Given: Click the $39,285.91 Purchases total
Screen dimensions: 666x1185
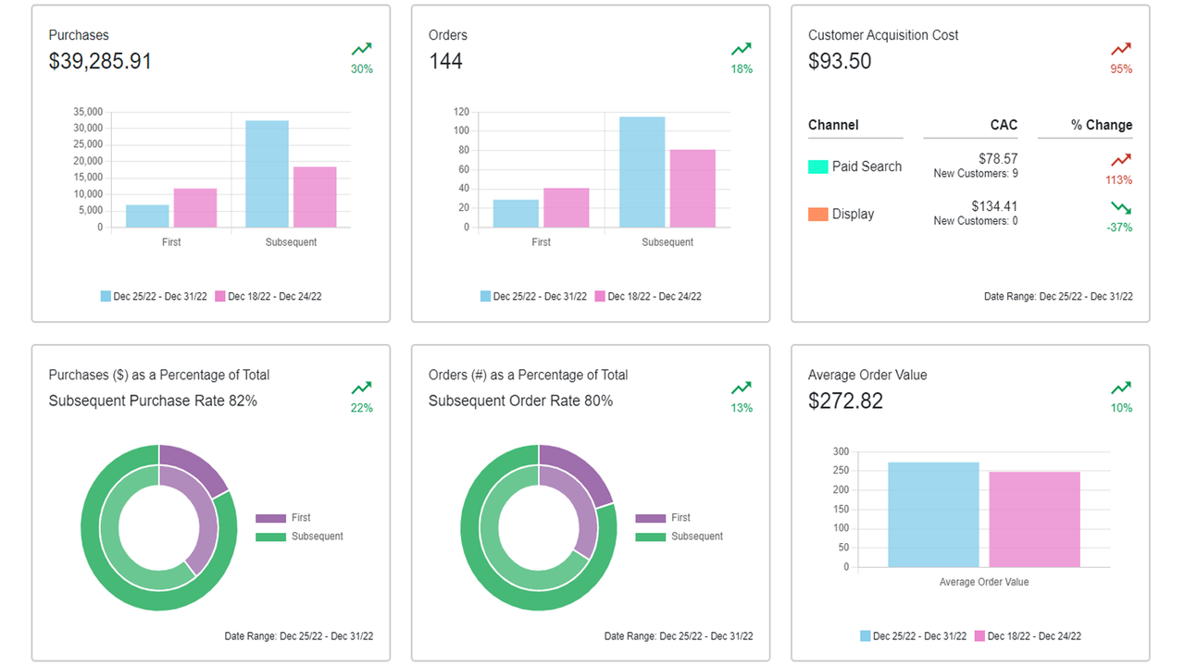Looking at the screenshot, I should (x=100, y=61).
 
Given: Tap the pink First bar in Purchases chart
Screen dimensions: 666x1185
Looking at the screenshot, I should (x=195, y=208).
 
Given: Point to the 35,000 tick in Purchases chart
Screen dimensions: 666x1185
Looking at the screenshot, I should (x=88, y=111).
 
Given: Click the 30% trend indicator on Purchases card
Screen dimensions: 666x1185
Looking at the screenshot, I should (x=362, y=68).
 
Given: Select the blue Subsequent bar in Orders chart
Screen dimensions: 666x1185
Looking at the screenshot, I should (x=642, y=172).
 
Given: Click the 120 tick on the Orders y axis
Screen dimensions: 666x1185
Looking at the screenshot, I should (x=462, y=111).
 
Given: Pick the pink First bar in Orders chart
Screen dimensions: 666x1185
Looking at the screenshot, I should (x=567, y=208).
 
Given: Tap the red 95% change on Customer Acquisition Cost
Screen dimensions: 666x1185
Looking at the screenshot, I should (x=1121, y=68).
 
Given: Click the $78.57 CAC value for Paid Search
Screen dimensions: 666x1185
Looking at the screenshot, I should (x=997, y=159).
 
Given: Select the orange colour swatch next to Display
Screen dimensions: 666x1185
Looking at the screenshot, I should (x=817, y=214).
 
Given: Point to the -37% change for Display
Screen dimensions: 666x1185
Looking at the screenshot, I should (x=1119, y=228).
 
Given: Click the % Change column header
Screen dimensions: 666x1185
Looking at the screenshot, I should (x=1101, y=125).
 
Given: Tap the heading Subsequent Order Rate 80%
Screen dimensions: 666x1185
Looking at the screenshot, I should (x=520, y=401).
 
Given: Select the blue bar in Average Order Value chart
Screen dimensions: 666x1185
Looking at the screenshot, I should (x=933, y=514).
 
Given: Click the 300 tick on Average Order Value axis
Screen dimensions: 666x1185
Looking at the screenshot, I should (x=841, y=451).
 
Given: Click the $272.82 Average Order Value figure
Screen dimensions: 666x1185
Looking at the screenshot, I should (x=845, y=401).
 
